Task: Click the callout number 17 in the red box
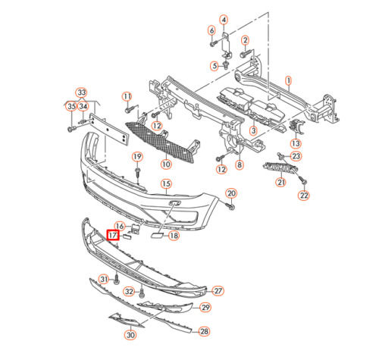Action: pyautogui.click(x=113, y=236)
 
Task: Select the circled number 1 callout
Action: pyautogui.click(x=288, y=80)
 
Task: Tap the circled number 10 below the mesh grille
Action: pyautogui.click(x=166, y=164)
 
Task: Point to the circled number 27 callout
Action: pyautogui.click(x=218, y=291)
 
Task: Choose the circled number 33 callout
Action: pyautogui.click(x=82, y=92)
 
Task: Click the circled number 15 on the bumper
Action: pyautogui.click(x=166, y=183)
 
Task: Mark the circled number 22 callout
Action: pyautogui.click(x=304, y=196)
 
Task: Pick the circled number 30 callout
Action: pyautogui.click(x=130, y=335)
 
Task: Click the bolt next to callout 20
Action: pyautogui.click(x=230, y=207)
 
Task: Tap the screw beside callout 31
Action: pyautogui.click(x=116, y=279)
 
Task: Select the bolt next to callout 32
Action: pyautogui.click(x=142, y=293)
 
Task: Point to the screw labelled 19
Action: pyautogui.click(x=137, y=172)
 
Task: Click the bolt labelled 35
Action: pyautogui.click(x=71, y=130)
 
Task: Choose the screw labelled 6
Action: pyautogui.click(x=213, y=44)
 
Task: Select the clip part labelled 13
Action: pyautogui.click(x=296, y=126)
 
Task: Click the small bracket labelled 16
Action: pyautogui.click(x=135, y=229)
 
